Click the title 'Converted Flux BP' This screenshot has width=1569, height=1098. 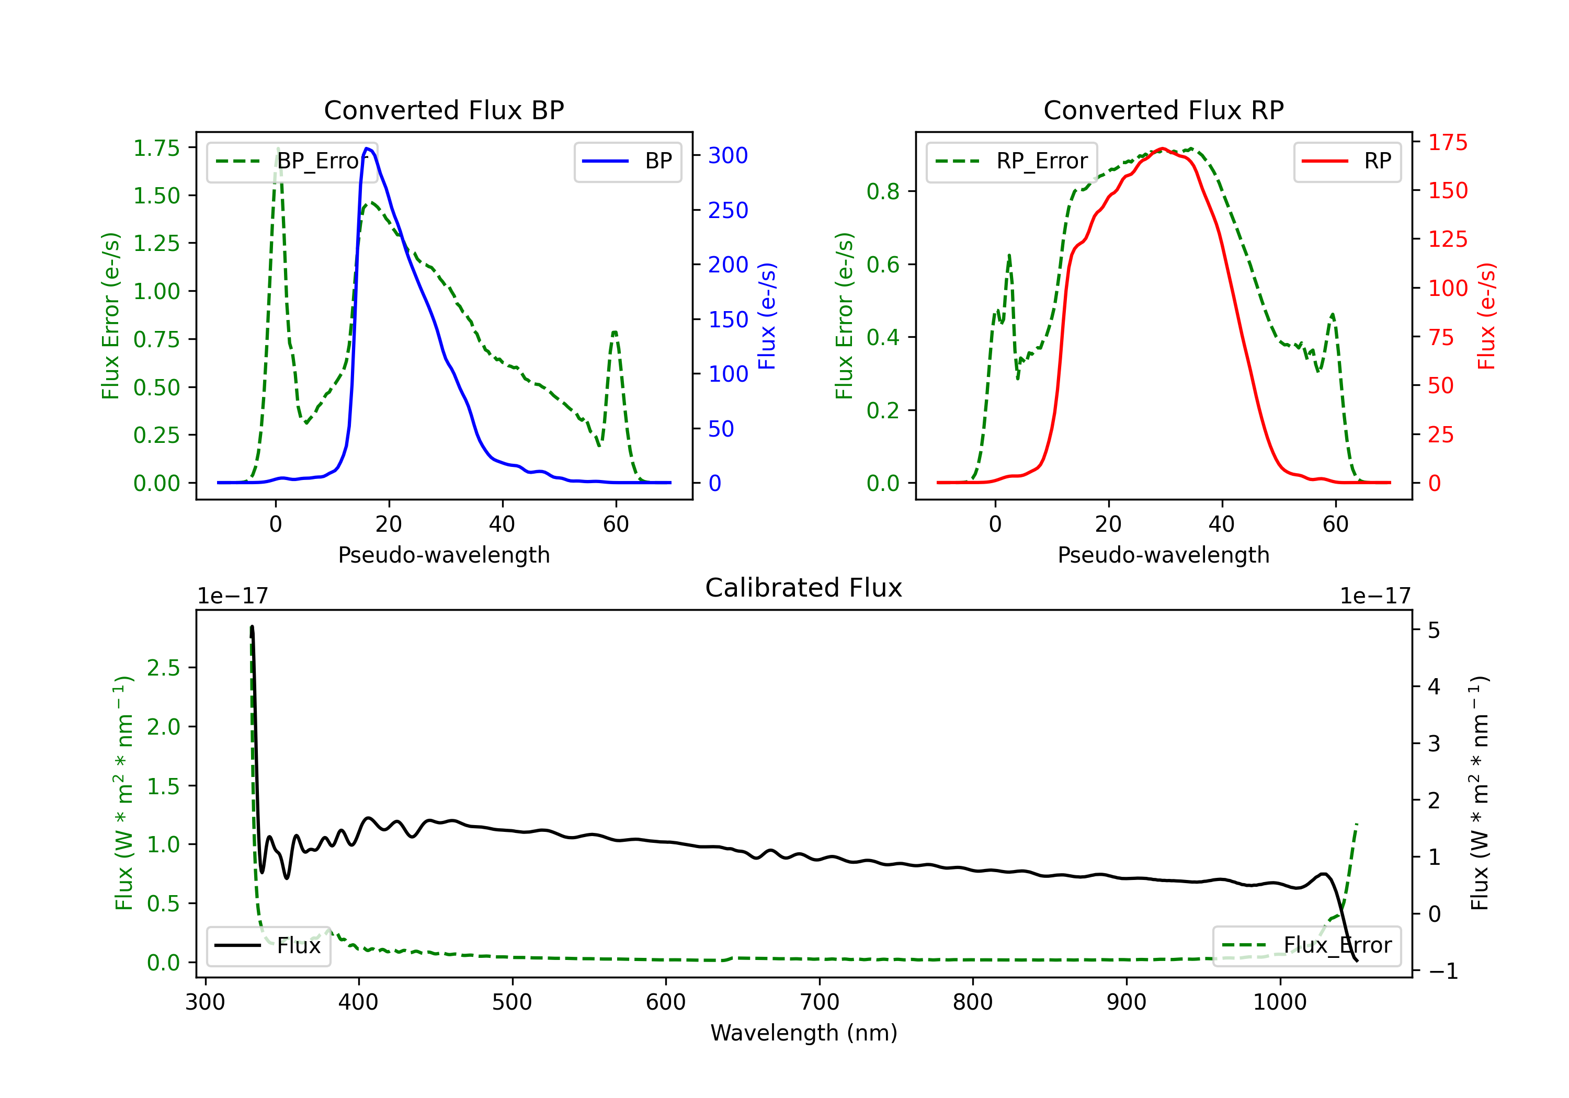pyautogui.click(x=444, y=110)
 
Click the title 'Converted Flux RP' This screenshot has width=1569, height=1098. pyautogui.click(x=1163, y=110)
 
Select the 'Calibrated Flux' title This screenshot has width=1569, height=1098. pyautogui.click(x=804, y=588)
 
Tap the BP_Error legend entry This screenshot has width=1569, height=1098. pyautogui.click(x=292, y=161)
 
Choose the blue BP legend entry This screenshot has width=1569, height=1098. pyautogui.click(x=627, y=161)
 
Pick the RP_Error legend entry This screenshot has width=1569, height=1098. pyautogui.click(x=1011, y=161)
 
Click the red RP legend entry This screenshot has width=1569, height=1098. pyautogui.click(x=1347, y=161)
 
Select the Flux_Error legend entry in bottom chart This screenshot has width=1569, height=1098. pyautogui.click(x=1306, y=946)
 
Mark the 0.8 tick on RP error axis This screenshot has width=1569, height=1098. pyautogui.click(x=883, y=191)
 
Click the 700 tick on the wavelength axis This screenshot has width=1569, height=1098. pyautogui.click(x=820, y=1002)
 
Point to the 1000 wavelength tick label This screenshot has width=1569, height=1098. pyautogui.click(x=1280, y=1002)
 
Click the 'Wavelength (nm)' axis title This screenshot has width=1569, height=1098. pyautogui.click(x=804, y=1033)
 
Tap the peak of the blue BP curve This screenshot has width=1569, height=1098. pyautogui.click(x=368, y=148)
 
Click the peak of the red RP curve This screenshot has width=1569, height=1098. pyautogui.click(x=1162, y=148)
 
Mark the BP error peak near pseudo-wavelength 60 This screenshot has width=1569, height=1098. pyautogui.click(x=615, y=332)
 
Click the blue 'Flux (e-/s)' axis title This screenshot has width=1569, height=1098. pyautogui.click(x=767, y=316)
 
